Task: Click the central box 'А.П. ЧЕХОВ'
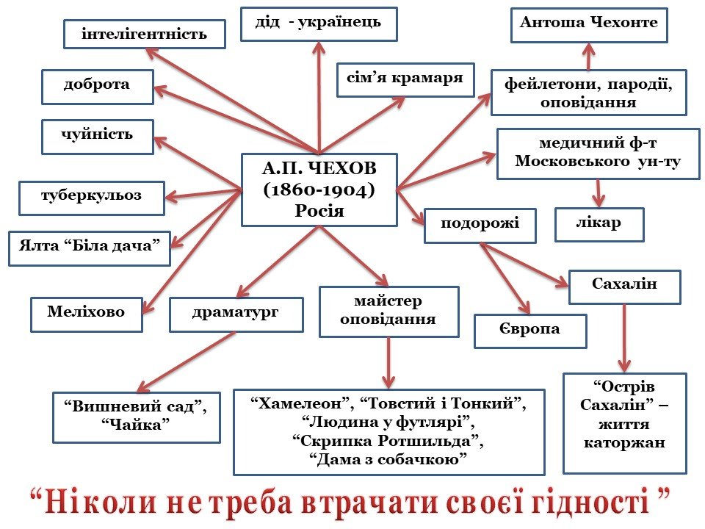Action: point(319,190)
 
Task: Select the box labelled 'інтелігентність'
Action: point(144,34)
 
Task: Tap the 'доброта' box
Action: point(97,85)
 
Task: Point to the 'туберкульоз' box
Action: point(91,196)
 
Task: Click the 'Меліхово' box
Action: point(86,314)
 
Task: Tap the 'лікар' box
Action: point(599,224)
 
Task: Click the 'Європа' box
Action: point(529,330)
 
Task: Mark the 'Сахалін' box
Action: point(624,287)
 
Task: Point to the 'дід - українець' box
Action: point(318,24)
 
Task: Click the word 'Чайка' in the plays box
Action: point(136,425)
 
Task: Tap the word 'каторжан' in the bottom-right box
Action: point(624,443)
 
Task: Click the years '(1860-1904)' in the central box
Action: point(319,190)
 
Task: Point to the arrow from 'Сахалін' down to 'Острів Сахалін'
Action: point(624,338)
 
